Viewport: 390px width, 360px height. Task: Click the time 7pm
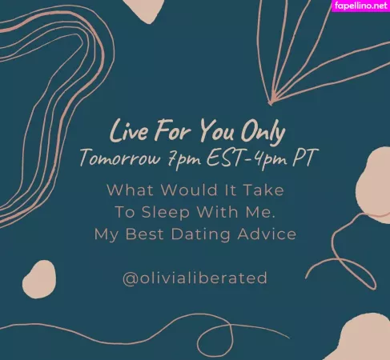[x=184, y=158]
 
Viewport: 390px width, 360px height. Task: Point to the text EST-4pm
[x=243, y=158]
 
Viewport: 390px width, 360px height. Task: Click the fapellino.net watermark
[x=358, y=6]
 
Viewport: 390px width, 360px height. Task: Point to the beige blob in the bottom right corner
[x=364, y=340]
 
